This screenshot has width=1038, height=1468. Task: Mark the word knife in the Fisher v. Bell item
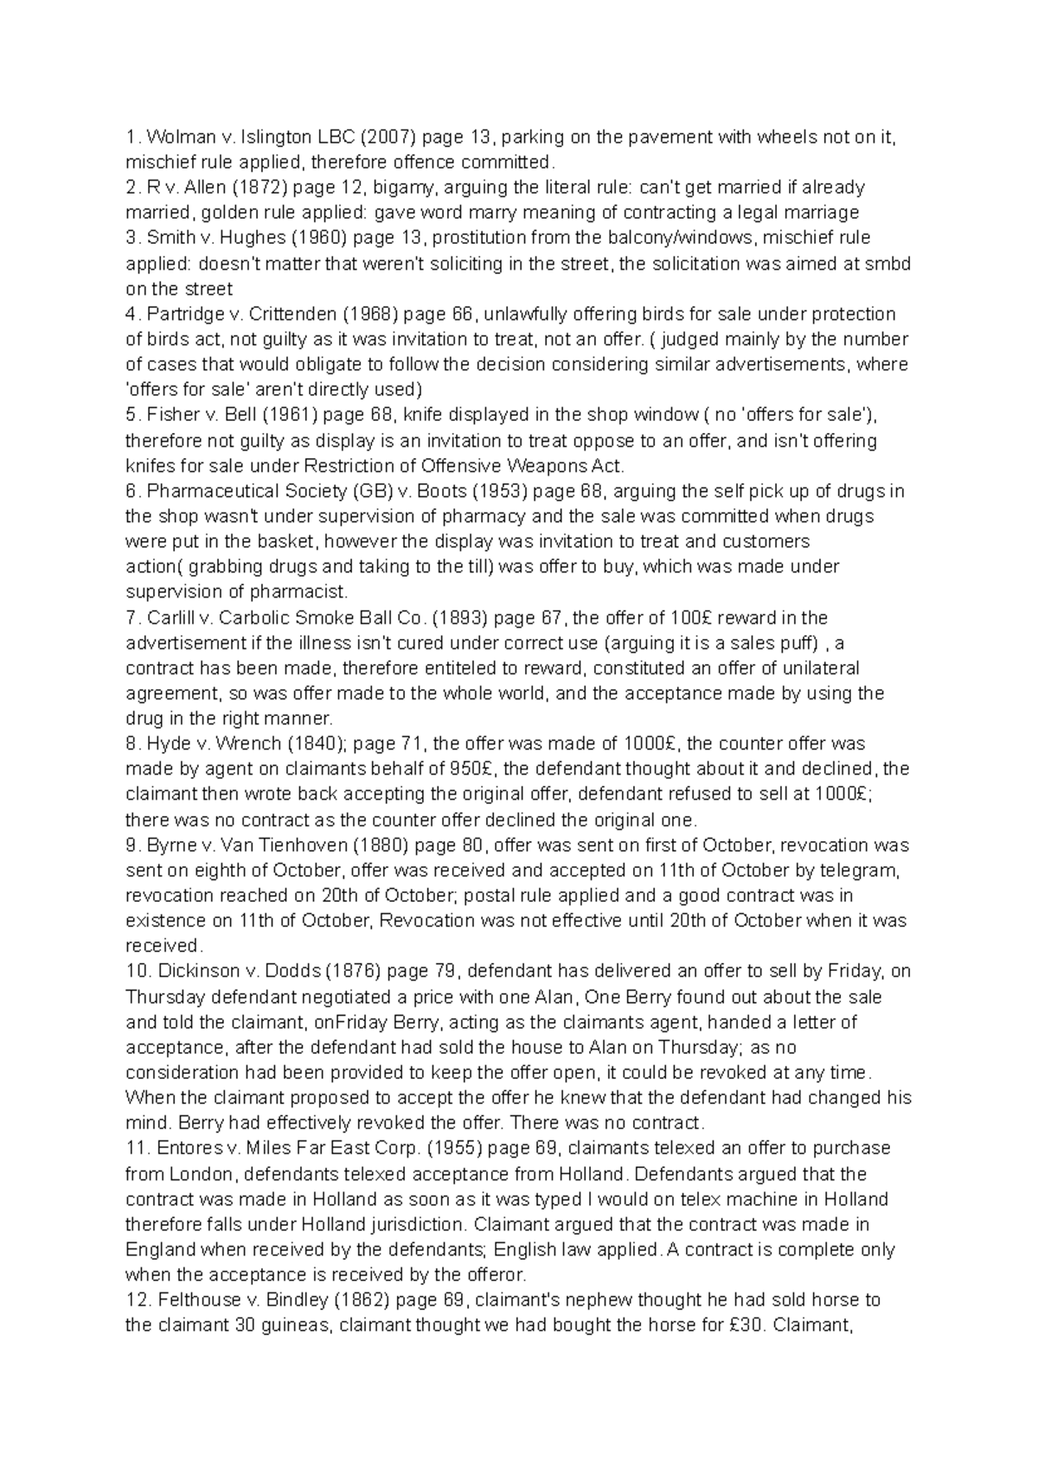click(x=426, y=415)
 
